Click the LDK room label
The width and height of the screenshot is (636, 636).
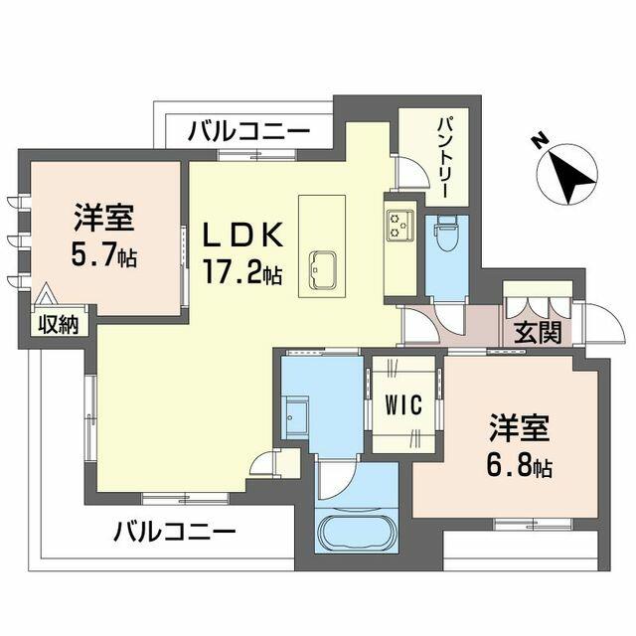click(x=242, y=237)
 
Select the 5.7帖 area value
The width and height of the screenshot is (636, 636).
click(x=103, y=254)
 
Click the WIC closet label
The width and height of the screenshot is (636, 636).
click(x=404, y=404)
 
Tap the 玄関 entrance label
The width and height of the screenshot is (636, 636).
click(x=538, y=332)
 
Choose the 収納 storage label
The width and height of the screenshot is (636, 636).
click(x=59, y=324)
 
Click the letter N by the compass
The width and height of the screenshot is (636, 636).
click(x=540, y=142)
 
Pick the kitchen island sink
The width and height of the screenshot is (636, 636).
click(x=322, y=270)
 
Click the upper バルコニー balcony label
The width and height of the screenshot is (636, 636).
click(x=248, y=131)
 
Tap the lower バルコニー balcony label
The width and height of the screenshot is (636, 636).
click(x=175, y=532)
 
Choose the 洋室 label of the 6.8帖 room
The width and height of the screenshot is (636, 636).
click(x=519, y=428)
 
